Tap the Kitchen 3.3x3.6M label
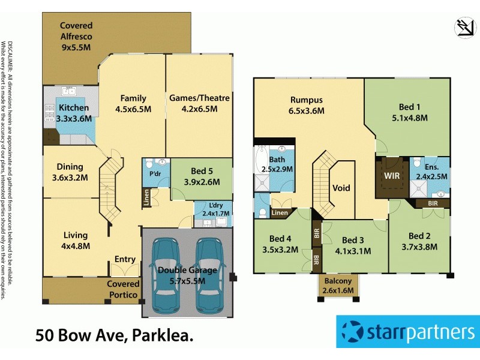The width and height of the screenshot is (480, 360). (x=74, y=113)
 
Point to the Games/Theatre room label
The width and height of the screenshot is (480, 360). (x=199, y=103)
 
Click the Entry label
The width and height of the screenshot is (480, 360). (x=125, y=259)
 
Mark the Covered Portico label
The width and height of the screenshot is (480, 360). (x=123, y=289)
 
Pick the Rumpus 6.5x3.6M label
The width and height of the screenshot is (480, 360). (x=307, y=105)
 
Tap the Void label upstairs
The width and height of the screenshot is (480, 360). (x=341, y=188)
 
